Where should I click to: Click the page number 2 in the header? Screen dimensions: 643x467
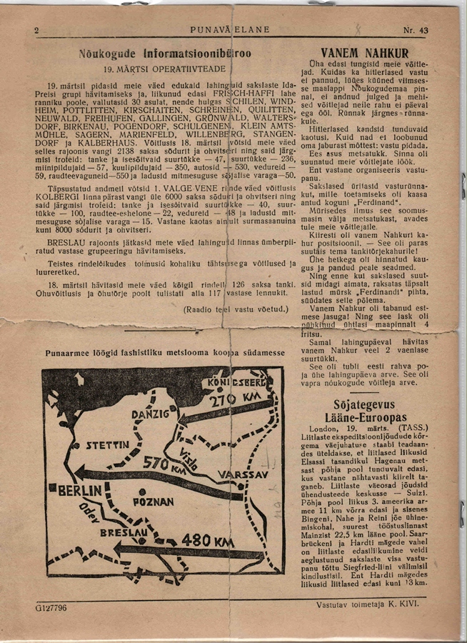point(36,30)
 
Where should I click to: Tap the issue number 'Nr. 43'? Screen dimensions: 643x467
point(416,30)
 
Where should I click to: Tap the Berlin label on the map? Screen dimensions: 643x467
point(84,492)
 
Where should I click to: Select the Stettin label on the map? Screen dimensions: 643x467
point(106,444)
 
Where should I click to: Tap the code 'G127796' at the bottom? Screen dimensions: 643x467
point(50,607)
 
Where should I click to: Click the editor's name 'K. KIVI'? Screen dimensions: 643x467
point(408,604)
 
